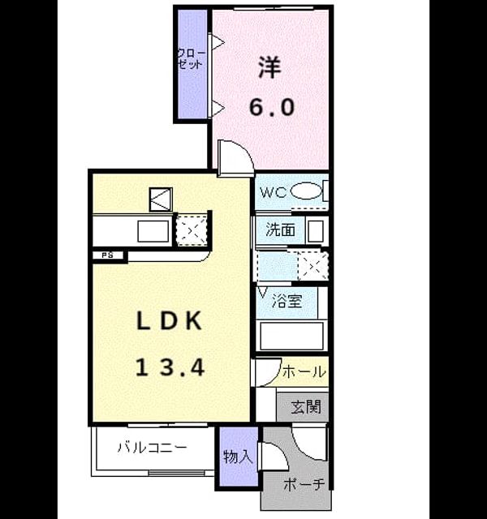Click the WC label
coord(273,192)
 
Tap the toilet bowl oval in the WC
coord(306,191)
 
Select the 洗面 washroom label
coord(280,229)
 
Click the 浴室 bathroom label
coord(287,301)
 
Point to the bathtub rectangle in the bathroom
coord(291,336)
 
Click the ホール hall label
coord(304,371)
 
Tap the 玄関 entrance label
coord(306,407)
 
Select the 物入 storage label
coord(238,457)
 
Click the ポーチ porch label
coord(304,485)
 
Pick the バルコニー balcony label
coord(153,448)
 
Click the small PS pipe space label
coord(107,255)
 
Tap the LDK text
coord(170,321)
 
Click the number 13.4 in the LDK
coord(170,368)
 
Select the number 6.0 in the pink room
coord(272,107)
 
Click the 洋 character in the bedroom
coord(270,67)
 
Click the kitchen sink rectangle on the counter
coord(153,231)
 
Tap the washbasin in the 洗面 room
coord(316,231)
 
